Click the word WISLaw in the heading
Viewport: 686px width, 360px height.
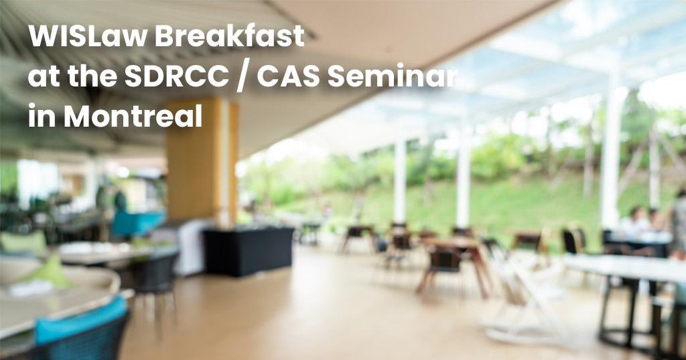88,36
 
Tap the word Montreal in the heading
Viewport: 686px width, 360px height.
133,116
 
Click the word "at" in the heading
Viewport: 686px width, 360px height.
44,76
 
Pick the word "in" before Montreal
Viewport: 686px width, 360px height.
42,116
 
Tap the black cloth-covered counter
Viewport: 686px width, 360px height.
248,251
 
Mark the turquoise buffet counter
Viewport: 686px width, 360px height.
137,223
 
